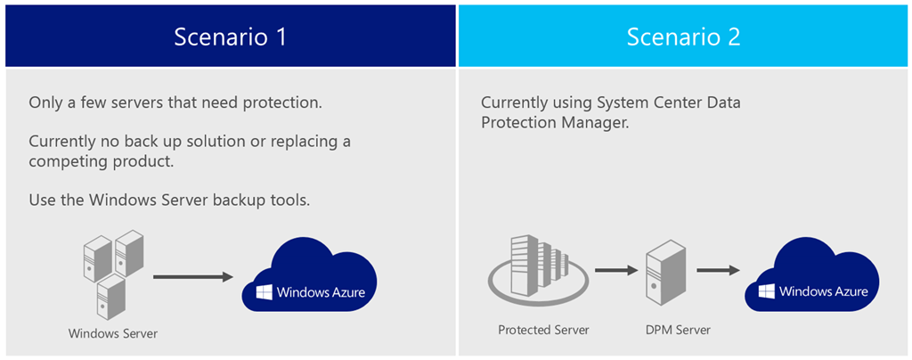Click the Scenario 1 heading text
230,37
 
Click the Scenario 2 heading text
683,37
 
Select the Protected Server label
543,330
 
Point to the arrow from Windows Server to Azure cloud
189,277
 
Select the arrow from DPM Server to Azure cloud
719,269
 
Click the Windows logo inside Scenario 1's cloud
265,292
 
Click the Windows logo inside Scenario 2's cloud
766,291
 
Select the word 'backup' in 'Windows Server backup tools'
234,200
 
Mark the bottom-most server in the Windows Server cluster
111,297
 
